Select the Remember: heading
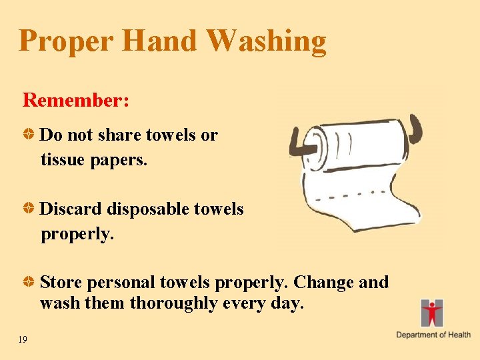point(76,100)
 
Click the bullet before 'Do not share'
point(31,135)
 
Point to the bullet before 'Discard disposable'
point(31,209)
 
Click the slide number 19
point(23,340)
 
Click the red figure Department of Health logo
point(432,313)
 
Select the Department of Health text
point(433,335)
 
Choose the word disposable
point(147,209)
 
